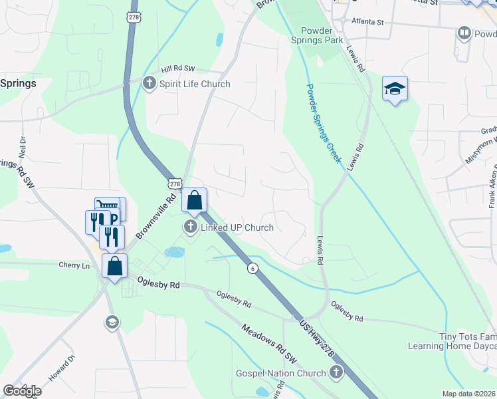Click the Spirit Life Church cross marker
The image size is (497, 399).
(149, 84)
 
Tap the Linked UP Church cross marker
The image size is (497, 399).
(191, 227)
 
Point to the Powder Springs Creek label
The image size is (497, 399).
(324, 123)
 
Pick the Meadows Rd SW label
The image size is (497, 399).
(268, 344)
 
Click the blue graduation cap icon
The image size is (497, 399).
(395, 89)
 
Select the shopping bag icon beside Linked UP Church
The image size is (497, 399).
(194, 200)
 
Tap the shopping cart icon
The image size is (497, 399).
(106, 207)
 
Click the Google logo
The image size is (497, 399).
(22, 391)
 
